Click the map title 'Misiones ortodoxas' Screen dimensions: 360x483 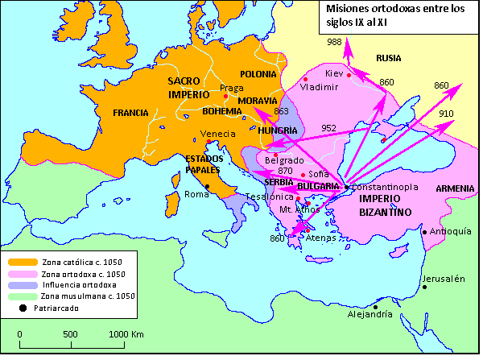[385, 15]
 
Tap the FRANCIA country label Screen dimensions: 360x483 [131, 112]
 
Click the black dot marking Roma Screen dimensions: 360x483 [207, 187]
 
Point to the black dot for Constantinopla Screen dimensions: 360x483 [346, 187]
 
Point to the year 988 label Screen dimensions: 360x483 [334, 42]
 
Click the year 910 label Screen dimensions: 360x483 [446, 114]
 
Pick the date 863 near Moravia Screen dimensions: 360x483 [281, 111]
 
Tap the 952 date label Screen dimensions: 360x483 [328, 127]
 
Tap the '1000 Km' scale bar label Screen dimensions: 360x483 [126, 333]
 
